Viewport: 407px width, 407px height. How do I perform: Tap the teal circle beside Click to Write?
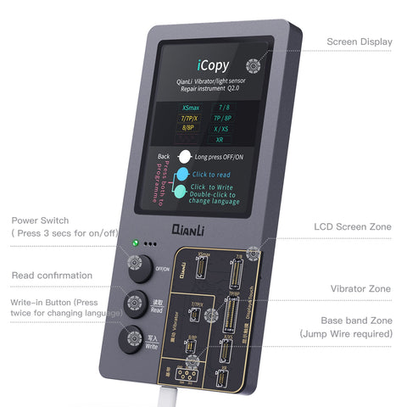(x=181, y=192)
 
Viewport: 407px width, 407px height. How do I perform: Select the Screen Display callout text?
(x=360, y=42)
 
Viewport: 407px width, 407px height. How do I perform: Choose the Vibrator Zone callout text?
(x=360, y=288)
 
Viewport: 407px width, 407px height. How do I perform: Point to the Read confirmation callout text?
(x=53, y=275)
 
